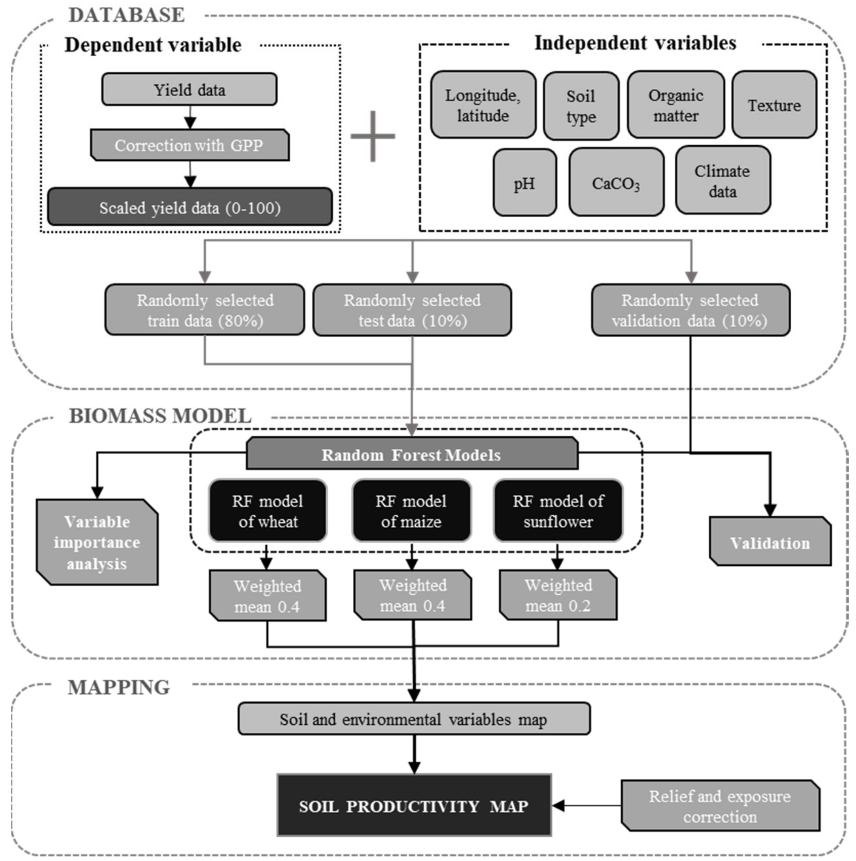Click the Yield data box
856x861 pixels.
tap(189, 90)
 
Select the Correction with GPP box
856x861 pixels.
tap(189, 145)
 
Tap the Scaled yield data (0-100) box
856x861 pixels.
tap(190, 207)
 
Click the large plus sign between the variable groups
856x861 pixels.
tap(373, 136)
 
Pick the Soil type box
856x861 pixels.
tap(581, 106)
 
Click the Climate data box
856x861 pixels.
tap(723, 180)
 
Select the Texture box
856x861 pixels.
tap(774, 105)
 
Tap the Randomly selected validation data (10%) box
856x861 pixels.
tap(690, 310)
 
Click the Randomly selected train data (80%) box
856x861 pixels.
tap(205, 310)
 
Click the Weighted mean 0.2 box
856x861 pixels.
tap(558, 595)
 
